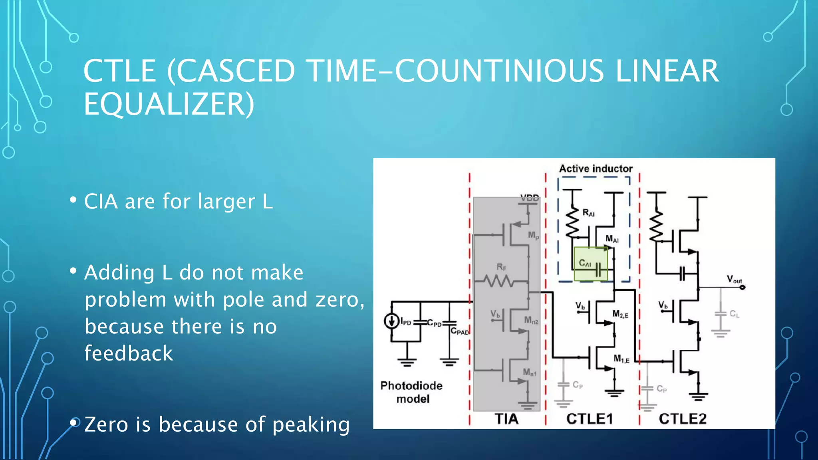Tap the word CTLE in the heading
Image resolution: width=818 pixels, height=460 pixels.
pos(119,71)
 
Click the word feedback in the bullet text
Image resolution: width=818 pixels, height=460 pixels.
pos(129,353)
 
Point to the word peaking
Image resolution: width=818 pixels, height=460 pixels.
pos(311,424)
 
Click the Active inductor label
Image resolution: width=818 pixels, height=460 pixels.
pos(596,169)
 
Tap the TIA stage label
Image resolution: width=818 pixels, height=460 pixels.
pos(506,419)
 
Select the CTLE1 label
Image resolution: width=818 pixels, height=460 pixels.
pos(590,419)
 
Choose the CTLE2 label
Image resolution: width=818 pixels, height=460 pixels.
pos(683,419)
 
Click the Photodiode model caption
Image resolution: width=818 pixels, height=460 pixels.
pos(411,392)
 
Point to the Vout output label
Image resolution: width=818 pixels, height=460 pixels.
pos(734,279)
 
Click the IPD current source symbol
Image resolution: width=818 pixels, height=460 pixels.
pos(391,321)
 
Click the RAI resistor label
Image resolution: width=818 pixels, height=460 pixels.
pos(588,213)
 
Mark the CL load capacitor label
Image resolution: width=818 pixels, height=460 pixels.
pos(734,314)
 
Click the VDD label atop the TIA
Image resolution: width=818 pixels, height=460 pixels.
pos(530,198)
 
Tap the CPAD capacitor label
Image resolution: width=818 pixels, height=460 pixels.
pos(459,331)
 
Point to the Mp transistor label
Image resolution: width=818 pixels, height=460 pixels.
pos(533,236)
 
